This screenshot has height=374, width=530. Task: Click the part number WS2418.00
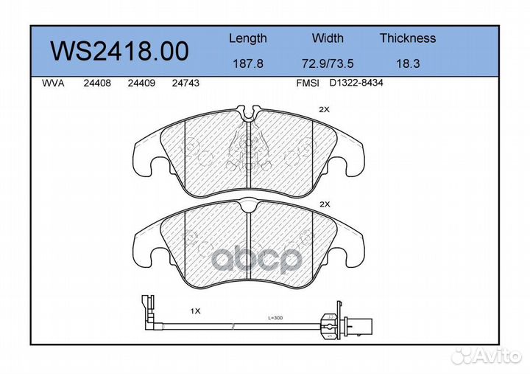pyautogui.click(x=119, y=51)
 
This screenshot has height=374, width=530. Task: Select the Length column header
pyautogui.click(x=248, y=38)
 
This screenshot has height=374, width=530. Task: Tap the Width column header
pyautogui.click(x=328, y=38)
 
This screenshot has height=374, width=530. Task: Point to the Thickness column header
pyautogui.click(x=408, y=38)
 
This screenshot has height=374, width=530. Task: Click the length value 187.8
pyautogui.click(x=248, y=64)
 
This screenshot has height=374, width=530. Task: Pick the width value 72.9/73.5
pyautogui.click(x=328, y=64)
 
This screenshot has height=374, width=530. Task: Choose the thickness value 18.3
pyautogui.click(x=408, y=64)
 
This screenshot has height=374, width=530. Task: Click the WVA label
pyautogui.click(x=53, y=84)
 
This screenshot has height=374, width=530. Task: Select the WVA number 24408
pyautogui.click(x=98, y=84)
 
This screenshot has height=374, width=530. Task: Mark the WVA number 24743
pyautogui.click(x=185, y=84)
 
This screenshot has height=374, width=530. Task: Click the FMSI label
pyautogui.click(x=307, y=84)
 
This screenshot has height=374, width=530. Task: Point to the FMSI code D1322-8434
pyautogui.click(x=356, y=84)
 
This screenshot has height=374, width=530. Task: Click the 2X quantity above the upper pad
pyautogui.click(x=324, y=109)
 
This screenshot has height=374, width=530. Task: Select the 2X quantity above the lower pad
pyautogui.click(x=324, y=204)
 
